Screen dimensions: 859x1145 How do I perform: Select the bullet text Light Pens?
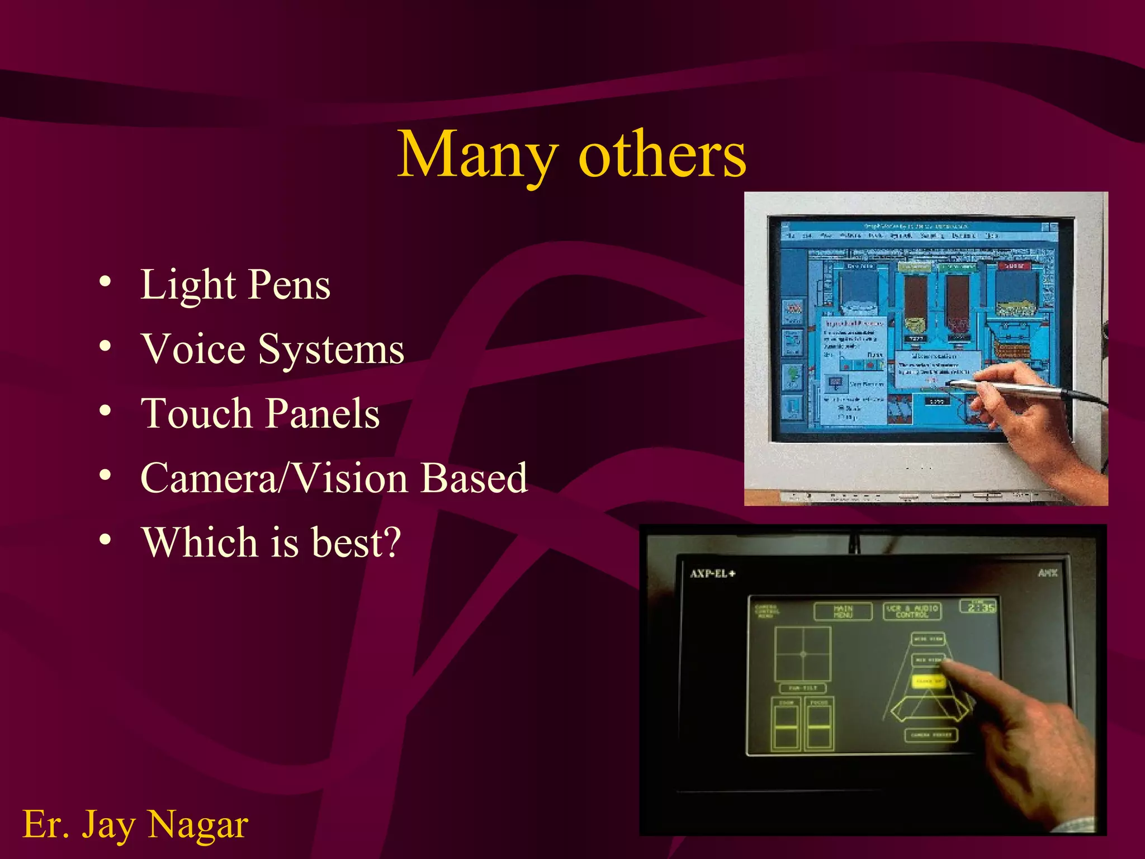pyautogui.click(x=235, y=285)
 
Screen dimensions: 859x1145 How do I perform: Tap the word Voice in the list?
pyautogui.click(x=193, y=350)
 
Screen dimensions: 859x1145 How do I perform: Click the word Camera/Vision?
pyautogui.click(x=274, y=479)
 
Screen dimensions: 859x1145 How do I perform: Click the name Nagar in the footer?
pyautogui.click(x=198, y=825)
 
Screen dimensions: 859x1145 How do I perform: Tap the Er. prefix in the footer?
pyautogui.click(x=46, y=825)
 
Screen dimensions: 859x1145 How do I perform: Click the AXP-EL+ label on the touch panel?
pyautogui.click(x=712, y=574)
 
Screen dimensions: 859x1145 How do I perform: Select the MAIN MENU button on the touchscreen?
pyautogui.click(x=843, y=611)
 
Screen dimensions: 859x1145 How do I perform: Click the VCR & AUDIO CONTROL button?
pyautogui.click(x=912, y=611)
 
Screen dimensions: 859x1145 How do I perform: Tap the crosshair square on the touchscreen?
pyautogui.click(x=803, y=653)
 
